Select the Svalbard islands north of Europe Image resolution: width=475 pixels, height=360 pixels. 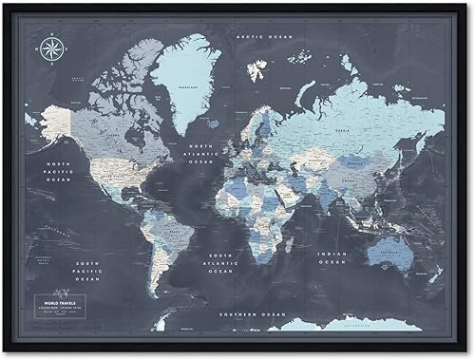tap(257, 69)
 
